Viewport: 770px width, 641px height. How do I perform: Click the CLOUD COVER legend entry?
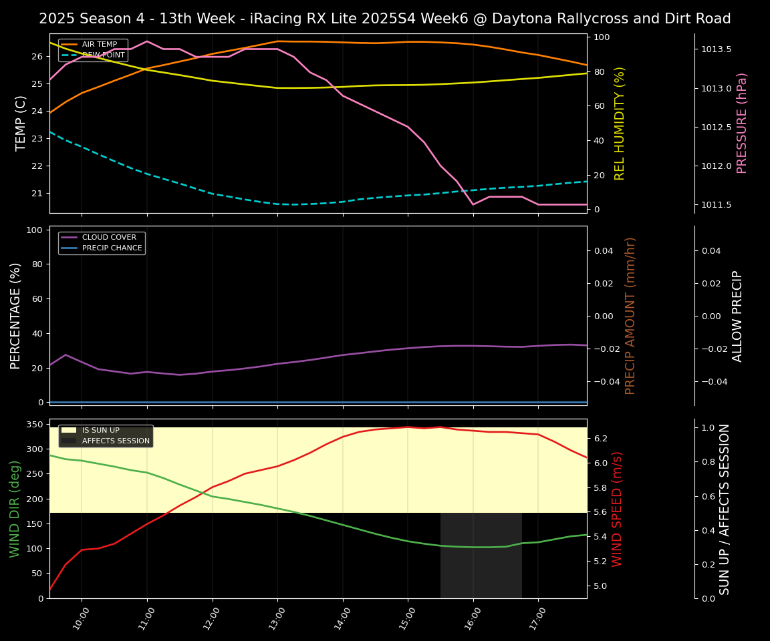pos(108,237)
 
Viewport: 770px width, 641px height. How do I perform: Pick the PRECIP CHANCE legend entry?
pos(112,248)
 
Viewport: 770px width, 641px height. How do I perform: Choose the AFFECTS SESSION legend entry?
pos(116,441)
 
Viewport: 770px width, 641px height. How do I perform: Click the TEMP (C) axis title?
pos(21,123)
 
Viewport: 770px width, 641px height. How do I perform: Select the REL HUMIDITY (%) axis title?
pos(620,123)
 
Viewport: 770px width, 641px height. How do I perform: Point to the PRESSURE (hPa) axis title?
pos(742,123)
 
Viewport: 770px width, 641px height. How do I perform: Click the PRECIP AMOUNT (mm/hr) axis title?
pos(630,315)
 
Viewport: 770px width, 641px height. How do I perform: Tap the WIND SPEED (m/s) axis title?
pos(617,509)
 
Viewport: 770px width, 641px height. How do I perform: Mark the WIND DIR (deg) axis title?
pos(15,509)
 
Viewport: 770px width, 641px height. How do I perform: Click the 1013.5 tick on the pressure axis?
pos(716,49)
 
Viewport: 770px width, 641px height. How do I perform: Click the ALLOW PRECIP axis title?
pos(737,315)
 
